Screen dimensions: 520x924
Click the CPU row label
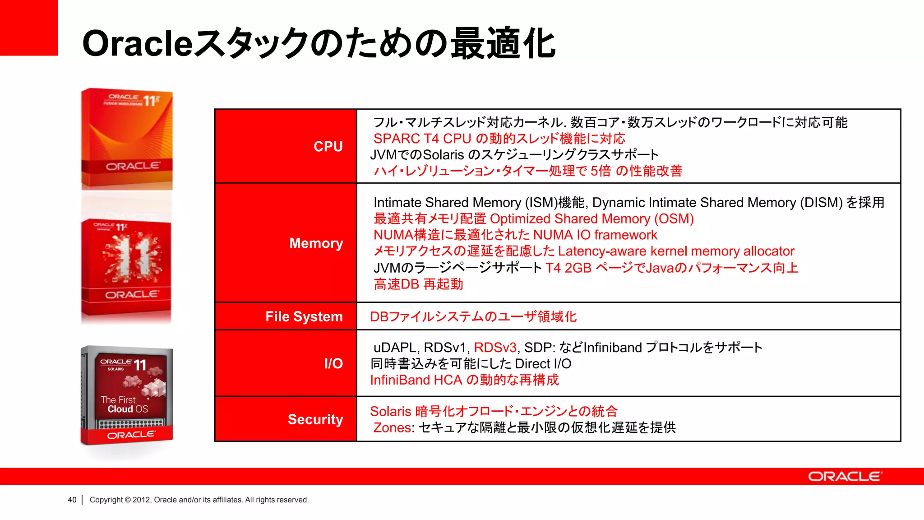coord(328,146)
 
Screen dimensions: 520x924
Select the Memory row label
coord(316,243)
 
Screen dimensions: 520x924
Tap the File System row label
coord(304,316)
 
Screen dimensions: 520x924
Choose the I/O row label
coord(333,363)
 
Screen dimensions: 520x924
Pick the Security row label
coord(315,419)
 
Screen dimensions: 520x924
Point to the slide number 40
coord(72,500)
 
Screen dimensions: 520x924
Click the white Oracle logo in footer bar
coord(844,477)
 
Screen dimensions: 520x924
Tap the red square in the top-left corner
coord(28,28)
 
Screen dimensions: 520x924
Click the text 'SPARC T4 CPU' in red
coord(422,139)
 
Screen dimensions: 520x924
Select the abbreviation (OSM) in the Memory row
coord(674,219)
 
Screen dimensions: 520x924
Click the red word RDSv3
coord(495,348)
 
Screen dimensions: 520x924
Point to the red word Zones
coord(392,427)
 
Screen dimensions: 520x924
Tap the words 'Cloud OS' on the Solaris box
coord(127,409)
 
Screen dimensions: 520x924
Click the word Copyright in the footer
coord(106,500)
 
